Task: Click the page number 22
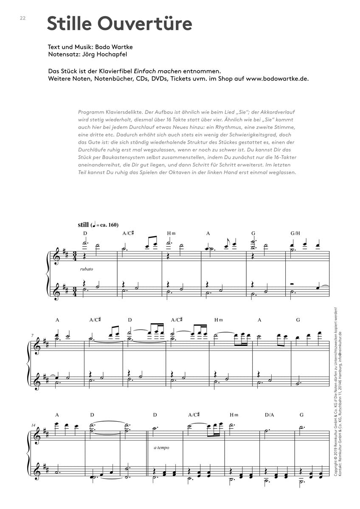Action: (22, 18)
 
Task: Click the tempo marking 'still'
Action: (84, 225)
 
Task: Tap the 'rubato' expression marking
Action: (86, 269)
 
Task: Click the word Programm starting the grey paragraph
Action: (91, 112)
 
